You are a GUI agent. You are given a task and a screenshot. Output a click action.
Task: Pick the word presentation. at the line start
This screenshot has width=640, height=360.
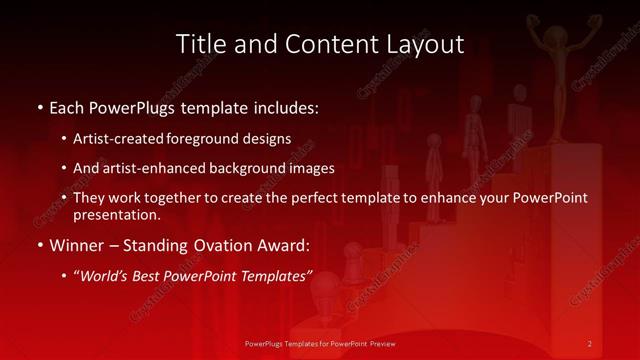click(116, 214)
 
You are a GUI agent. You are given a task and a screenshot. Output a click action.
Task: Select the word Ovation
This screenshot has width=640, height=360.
click(238, 244)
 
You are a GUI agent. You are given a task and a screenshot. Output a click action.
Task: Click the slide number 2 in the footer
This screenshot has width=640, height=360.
click(589, 344)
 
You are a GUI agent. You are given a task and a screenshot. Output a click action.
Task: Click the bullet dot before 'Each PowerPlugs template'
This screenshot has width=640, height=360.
click(39, 106)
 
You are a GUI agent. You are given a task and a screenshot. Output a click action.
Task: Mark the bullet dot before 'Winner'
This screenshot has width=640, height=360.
click(39, 245)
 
